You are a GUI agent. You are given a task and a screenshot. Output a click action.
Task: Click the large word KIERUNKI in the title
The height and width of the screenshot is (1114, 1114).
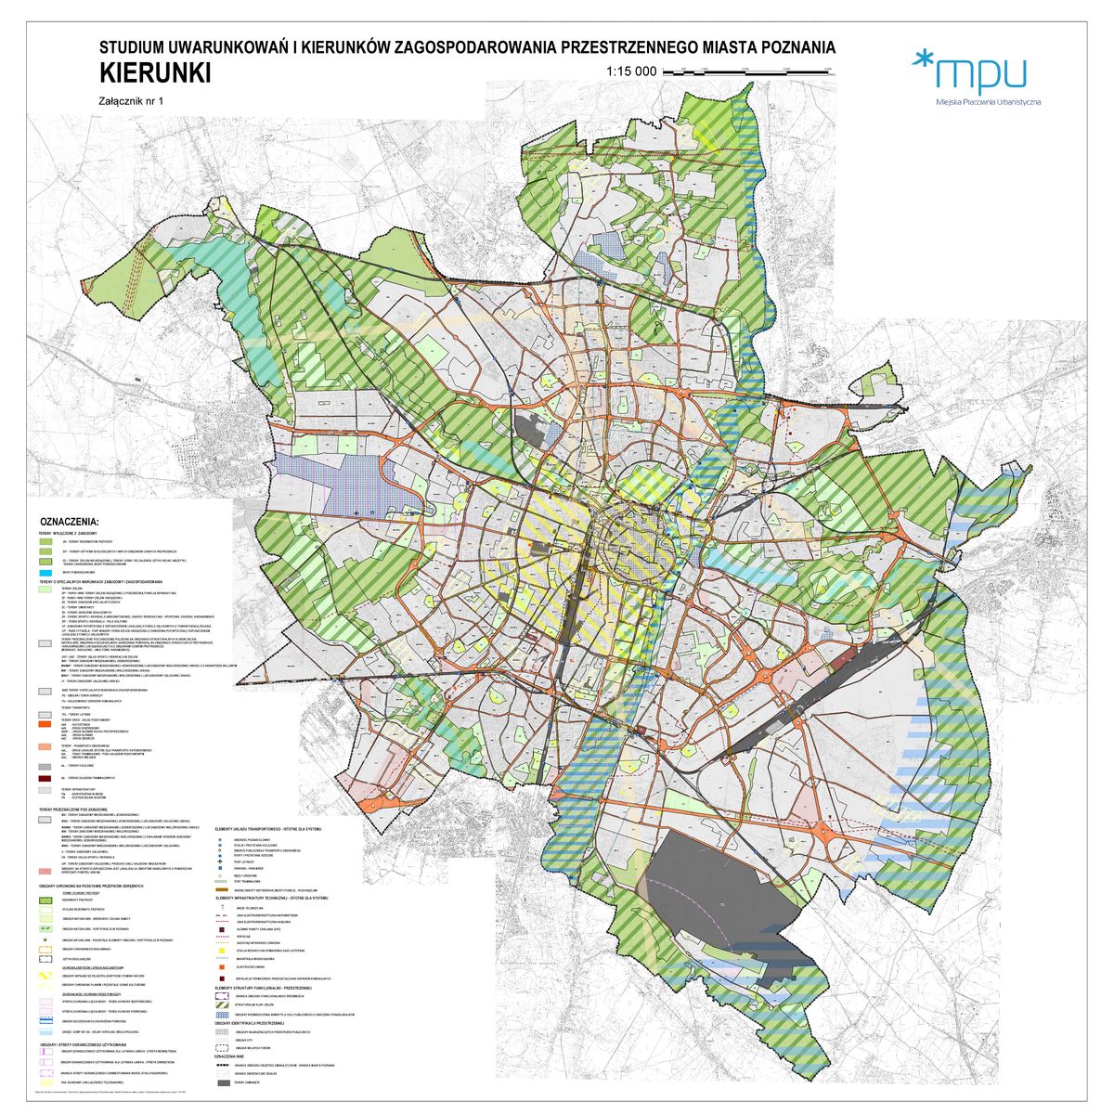click(154, 73)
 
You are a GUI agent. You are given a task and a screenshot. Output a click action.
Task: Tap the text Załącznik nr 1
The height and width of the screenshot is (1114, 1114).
click(130, 102)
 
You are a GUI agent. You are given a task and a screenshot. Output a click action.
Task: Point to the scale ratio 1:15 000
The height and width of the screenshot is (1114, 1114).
click(630, 71)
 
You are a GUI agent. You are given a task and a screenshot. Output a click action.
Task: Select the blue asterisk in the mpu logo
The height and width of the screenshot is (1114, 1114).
click(922, 60)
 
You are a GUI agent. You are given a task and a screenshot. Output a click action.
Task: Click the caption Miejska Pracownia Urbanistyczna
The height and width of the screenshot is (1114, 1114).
click(988, 100)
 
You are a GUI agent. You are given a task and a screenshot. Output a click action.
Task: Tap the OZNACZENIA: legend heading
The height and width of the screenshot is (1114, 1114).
click(71, 522)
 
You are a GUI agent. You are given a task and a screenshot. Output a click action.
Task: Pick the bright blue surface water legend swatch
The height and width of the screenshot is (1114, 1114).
click(45, 573)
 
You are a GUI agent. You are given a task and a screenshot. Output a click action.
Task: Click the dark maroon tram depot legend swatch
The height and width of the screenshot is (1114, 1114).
click(45, 777)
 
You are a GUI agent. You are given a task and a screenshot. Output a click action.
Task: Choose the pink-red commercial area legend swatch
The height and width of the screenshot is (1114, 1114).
click(45, 872)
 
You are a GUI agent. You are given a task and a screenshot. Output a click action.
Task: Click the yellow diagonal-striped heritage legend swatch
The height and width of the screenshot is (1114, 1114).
click(45, 976)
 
